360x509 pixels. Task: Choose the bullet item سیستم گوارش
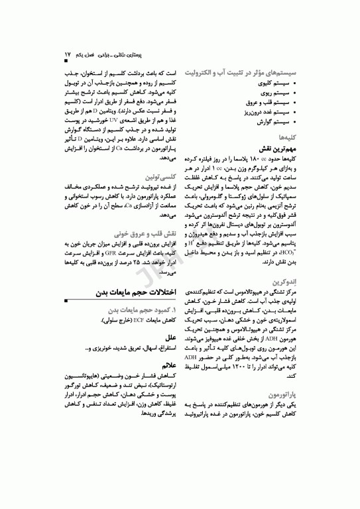click(282, 123)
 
